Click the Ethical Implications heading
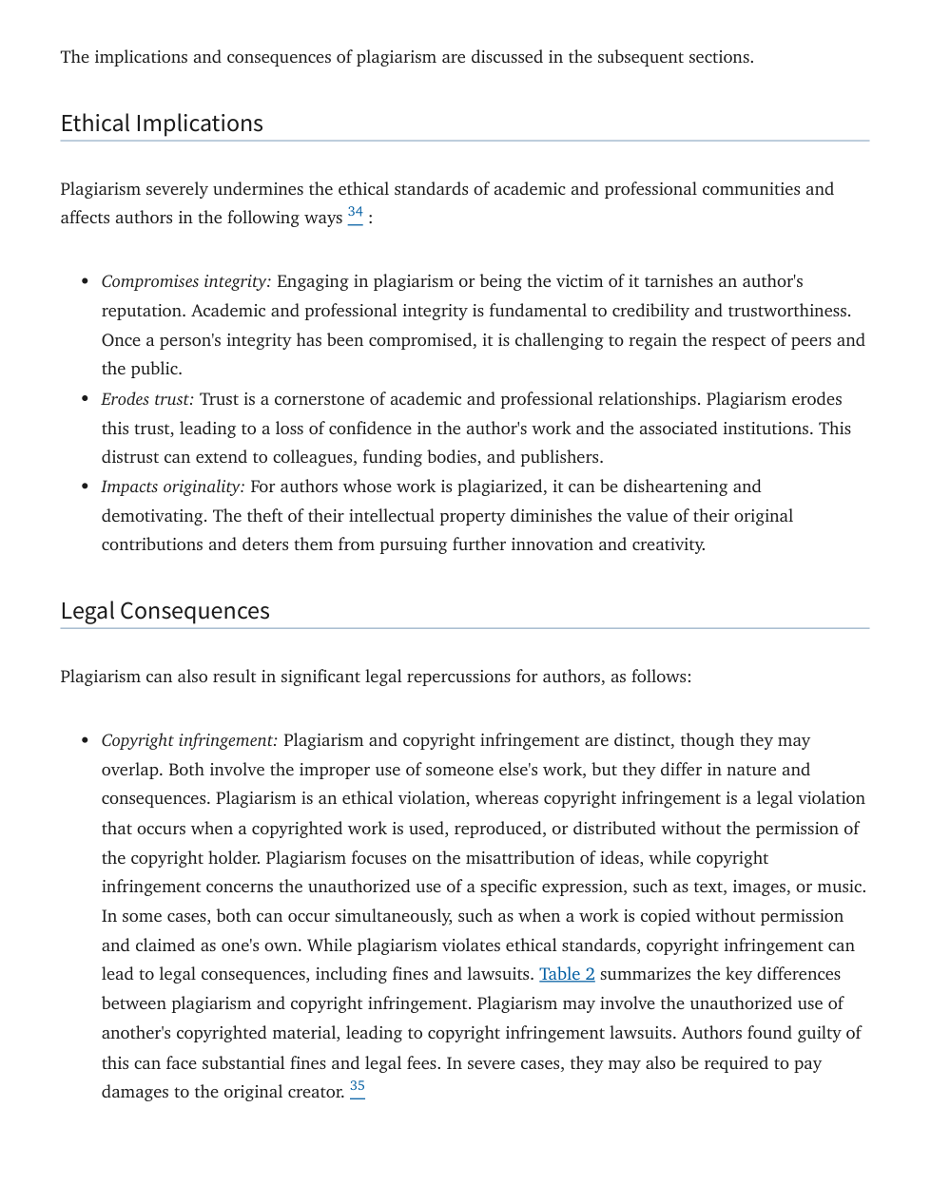coord(162,124)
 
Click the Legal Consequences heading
coord(165,611)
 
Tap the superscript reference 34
coord(355,213)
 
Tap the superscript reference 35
coord(357,1086)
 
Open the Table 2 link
coord(567,974)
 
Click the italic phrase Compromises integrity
coord(185,281)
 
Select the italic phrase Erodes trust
coord(147,399)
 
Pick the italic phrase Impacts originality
coord(172,487)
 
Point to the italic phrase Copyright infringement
coord(189,740)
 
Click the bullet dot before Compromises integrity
coord(85,281)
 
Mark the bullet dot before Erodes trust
coord(85,399)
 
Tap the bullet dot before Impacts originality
coord(85,487)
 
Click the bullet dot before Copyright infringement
coord(85,740)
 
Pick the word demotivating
coord(152,516)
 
